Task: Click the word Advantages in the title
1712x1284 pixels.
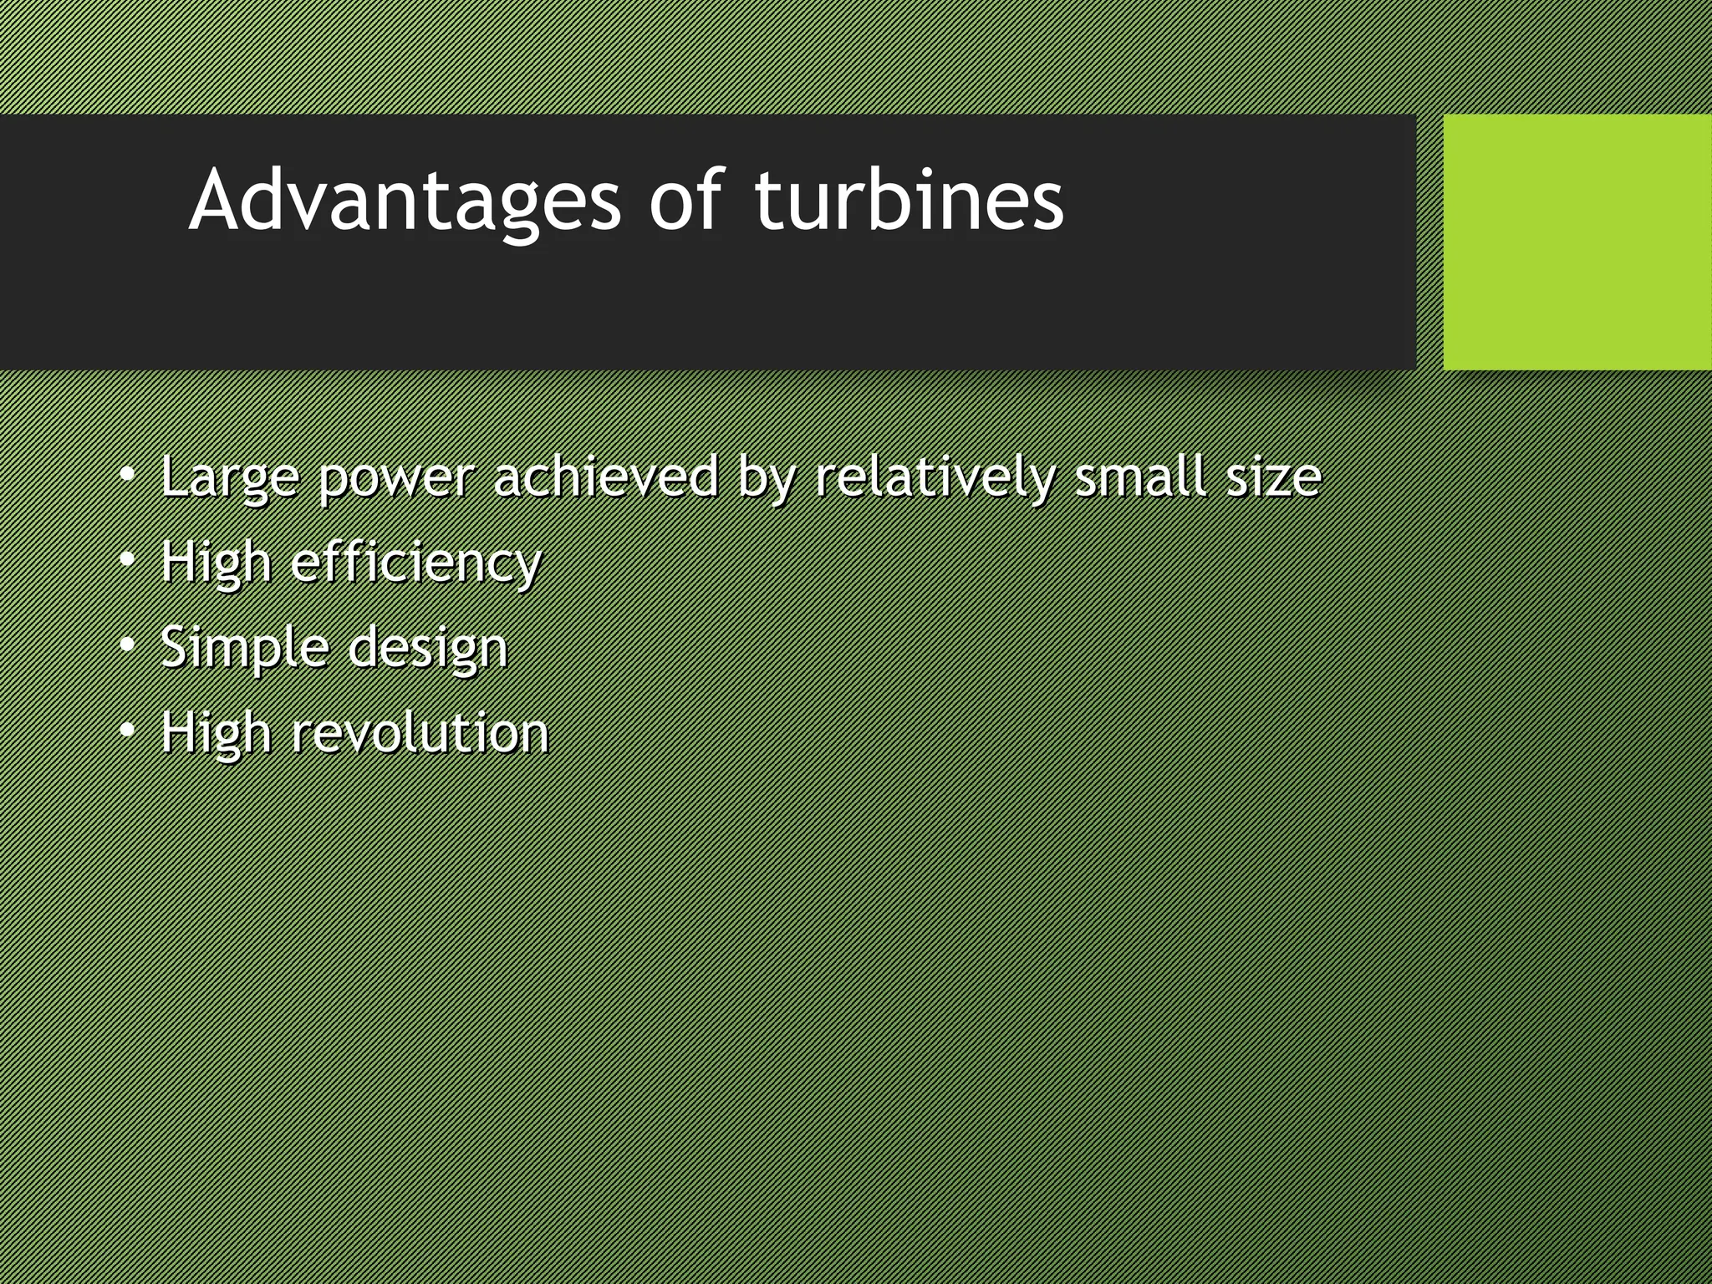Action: pyautogui.click(x=405, y=201)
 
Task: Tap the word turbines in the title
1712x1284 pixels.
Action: pyautogui.click(x=909, y=201)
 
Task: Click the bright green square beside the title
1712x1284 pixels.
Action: pyautogui.click(x=1577, y=242)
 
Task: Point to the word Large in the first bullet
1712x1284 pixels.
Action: pyautogui.click(x=229, y=478)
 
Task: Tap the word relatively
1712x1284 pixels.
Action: pyautogui.click(x=934, y=478)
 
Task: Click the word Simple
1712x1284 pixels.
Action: pyautogui.click(x=244, y=649)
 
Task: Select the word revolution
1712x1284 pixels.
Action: pyautogui.click(x=420, y=733)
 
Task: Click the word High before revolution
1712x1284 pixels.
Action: pyautogui.click(x=216, y=734)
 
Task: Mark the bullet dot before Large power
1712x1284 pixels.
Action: pyautogui.click(x=126, y=475)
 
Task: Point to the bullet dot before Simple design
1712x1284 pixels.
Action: pyautogui.click(x=126, y=645)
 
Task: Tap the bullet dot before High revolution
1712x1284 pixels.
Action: pyautogui.click(x=126, y=731)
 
